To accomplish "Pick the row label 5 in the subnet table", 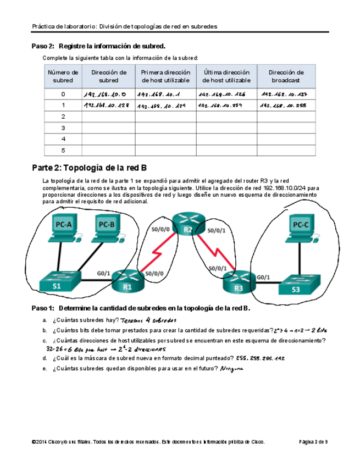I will pos(63,150).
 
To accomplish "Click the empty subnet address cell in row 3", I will pos(108,127).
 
